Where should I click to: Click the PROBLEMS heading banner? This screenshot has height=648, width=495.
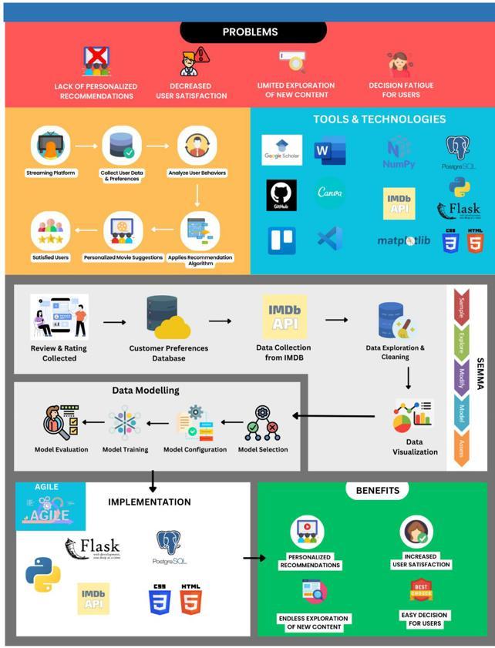pyautogui.click(x=250, y=32)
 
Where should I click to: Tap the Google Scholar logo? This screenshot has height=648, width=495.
pyautogui.click(x=281, y=150)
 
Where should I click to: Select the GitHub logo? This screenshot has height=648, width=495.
pyautogui.click(x=281, y=196)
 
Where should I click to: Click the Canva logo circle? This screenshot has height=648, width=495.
pyautogui.click(x=330, y=193)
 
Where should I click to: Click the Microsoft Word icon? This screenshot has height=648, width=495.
pyautogui.click(x=329, y=150)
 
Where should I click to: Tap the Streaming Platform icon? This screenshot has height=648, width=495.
pyautogui.click(x=51, y=147)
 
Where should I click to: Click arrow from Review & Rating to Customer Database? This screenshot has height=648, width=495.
pyautogui.click(x=114, y=322)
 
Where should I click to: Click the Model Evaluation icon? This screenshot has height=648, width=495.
pyautogui.click(x=61, y=423)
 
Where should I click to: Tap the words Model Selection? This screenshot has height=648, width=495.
pyautogui.click(x=263, y=449)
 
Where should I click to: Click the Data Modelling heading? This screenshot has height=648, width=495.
pyautogui.click(x=146, y=391)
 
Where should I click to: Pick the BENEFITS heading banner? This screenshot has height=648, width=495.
pyautogui.click(x=377, y=490)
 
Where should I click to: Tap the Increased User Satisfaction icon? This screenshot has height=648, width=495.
pyautogui.click(x=416, y=533)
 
